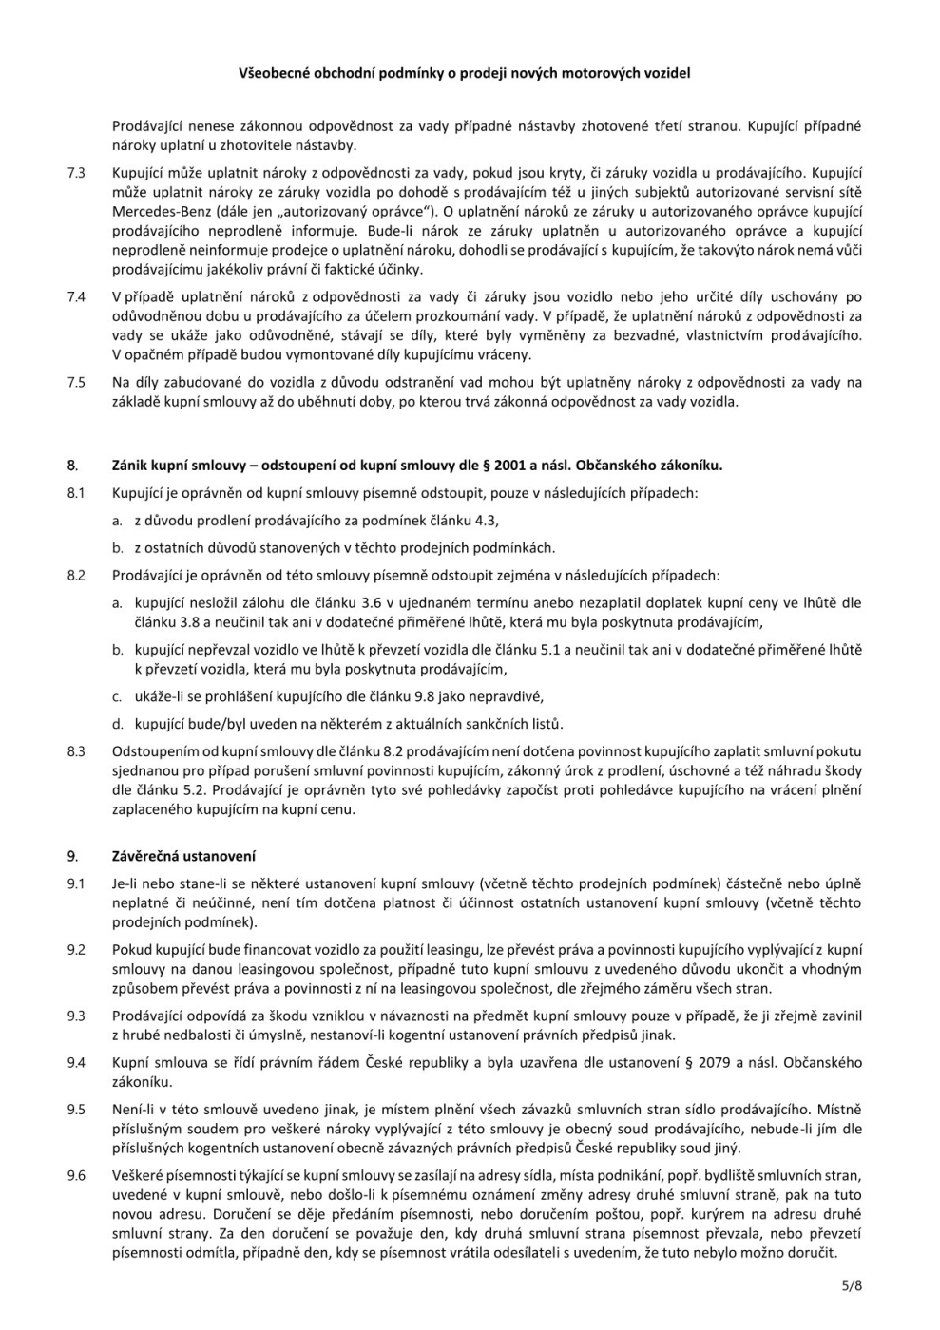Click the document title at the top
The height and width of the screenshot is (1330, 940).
point(465,72)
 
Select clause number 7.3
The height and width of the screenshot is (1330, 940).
point(76,173)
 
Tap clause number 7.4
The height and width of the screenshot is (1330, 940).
point(76,297)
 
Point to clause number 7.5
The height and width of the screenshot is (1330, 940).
point(76,382)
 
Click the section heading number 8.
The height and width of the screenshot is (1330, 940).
point(72,465)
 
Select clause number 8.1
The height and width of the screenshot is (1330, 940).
point(76,493)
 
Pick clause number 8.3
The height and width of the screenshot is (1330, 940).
point(76,751)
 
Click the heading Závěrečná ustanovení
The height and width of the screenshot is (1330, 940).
point(183,856)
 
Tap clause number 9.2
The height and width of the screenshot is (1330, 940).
point(76,949)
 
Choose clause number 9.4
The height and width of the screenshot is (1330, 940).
point(76,1062)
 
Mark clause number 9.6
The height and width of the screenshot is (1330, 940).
point(76,1175)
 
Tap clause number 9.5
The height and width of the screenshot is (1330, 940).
point(76,1109)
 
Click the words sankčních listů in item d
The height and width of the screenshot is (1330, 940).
point(522,724)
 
